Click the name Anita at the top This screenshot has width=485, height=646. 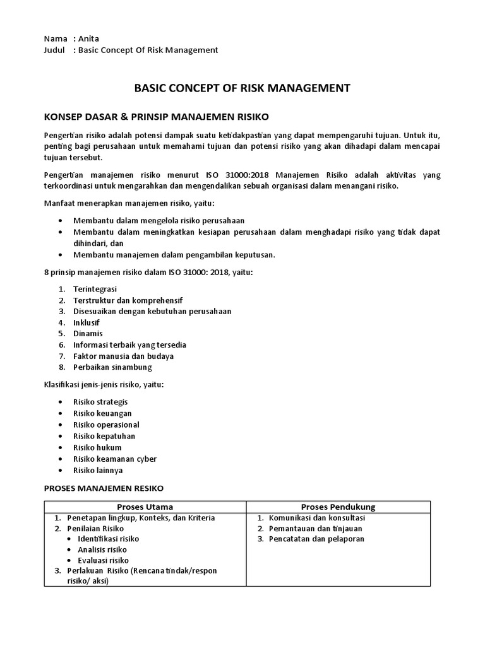pos(88,38)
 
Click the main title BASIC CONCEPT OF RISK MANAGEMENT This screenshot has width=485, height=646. pos(242,88)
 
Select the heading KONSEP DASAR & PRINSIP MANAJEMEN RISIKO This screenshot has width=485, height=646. pos(157,117)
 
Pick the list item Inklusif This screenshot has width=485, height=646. pos(87,322)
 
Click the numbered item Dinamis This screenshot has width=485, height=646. pos(88,333)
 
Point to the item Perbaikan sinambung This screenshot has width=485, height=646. pos(112,367)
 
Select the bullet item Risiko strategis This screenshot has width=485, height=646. pos(100,402)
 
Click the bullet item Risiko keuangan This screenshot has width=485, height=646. pos(102,413)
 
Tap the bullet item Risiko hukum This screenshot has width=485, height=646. pos(97,447)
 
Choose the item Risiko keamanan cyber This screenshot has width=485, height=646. pos(115,459)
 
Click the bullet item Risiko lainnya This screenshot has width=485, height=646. pos(98,470)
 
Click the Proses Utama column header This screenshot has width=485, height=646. pos(145,507)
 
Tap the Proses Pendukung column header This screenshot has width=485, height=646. pos(338,507)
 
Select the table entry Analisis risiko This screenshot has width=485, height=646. pos(102,549)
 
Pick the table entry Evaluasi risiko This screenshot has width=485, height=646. pos(103,560)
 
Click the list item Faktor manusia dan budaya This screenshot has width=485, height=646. pos(123,356)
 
